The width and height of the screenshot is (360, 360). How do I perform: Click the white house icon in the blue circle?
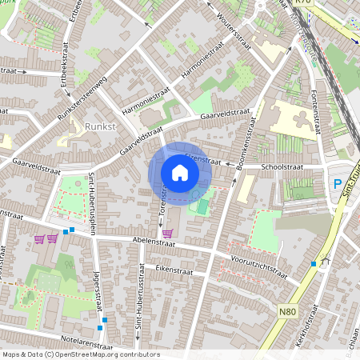179,172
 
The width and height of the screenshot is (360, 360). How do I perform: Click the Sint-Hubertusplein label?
93,198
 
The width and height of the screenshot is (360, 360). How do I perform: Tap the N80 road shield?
289,310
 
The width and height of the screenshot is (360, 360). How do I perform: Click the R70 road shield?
302,3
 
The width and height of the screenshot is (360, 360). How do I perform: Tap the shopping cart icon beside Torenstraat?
167,234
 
